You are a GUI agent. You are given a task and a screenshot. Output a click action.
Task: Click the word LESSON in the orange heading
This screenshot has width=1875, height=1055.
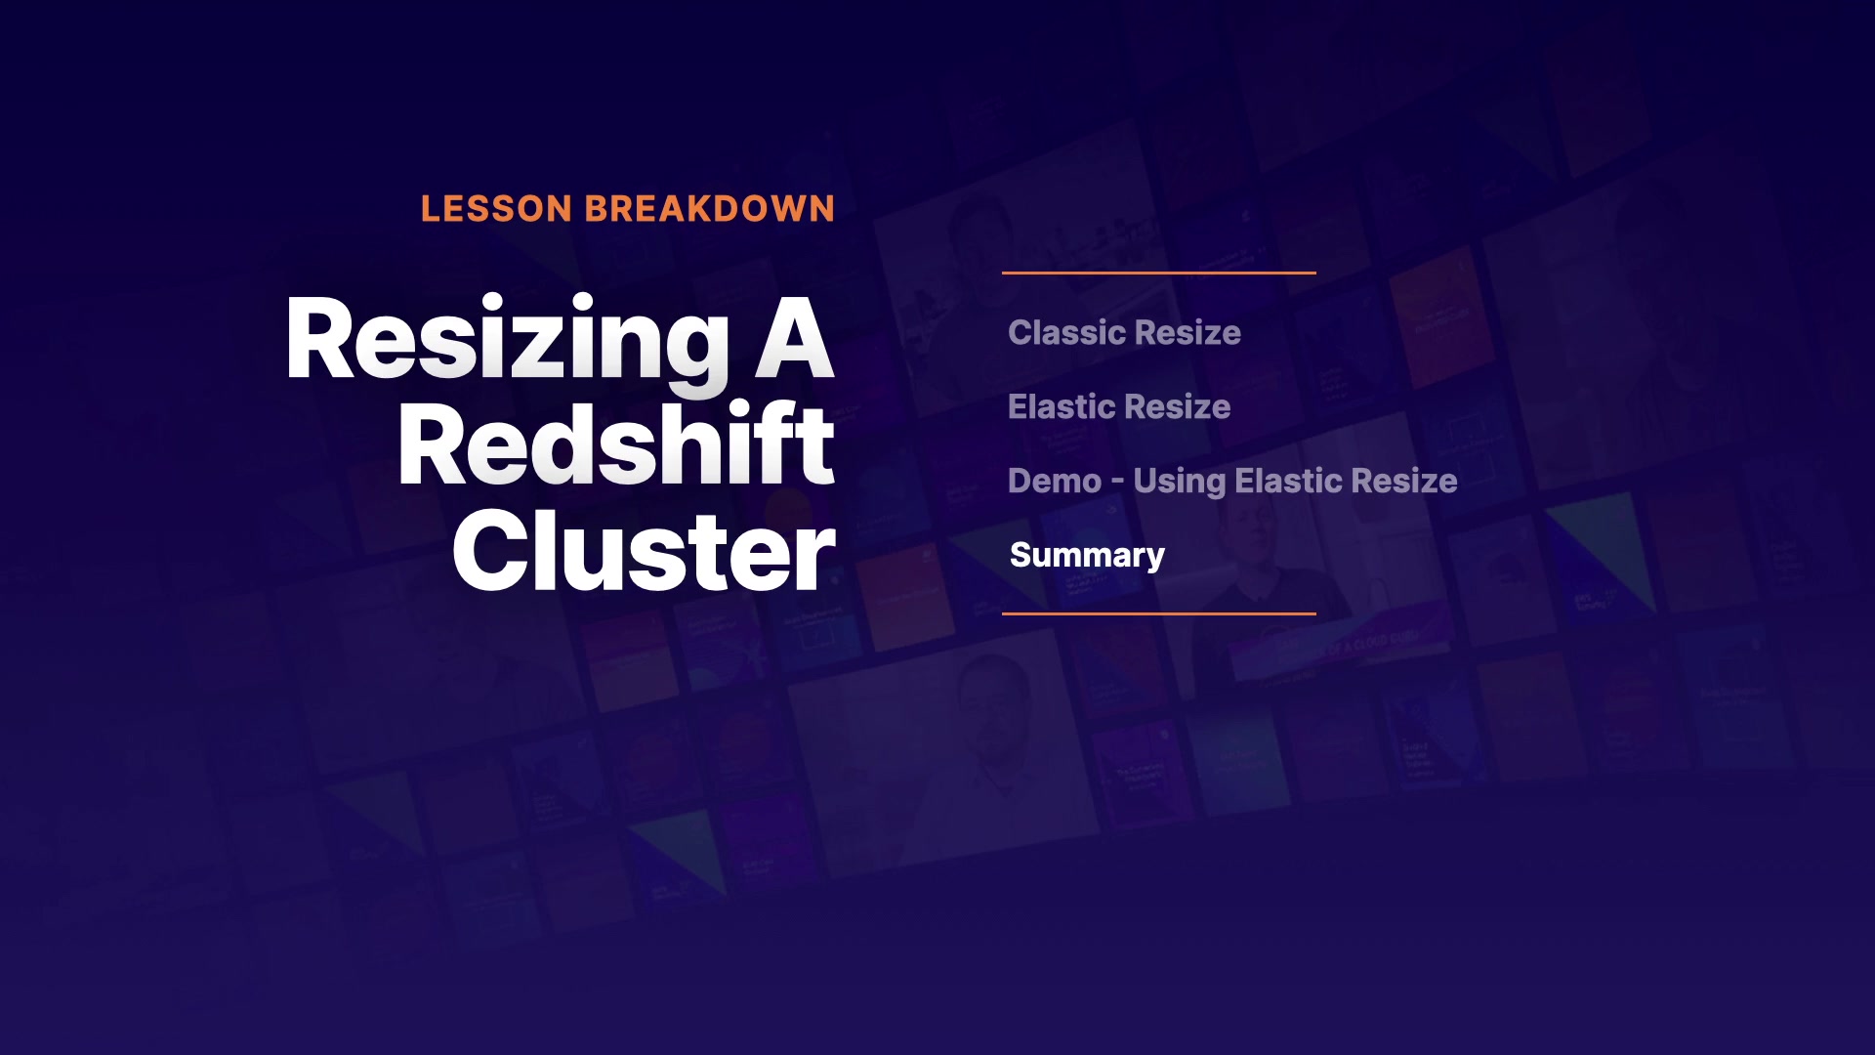(496, 209)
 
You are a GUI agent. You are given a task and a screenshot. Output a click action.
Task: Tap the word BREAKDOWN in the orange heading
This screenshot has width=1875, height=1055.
(710, 209)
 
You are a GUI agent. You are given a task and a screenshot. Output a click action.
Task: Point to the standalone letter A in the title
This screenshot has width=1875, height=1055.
(795, 337)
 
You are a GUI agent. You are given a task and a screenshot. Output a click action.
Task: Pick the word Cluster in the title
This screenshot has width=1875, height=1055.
(644, 551)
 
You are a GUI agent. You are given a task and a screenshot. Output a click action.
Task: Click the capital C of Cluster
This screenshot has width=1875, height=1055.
(490, 551)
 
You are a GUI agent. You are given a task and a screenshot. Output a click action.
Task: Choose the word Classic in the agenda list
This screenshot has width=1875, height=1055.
(1064, 332)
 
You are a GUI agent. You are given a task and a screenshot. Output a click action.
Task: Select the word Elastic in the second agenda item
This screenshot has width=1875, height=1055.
(1060, 406)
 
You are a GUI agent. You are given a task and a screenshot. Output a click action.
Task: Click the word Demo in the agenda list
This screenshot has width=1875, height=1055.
(1055, 481)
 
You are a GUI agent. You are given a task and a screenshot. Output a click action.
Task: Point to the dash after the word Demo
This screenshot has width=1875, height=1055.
(1117, 483)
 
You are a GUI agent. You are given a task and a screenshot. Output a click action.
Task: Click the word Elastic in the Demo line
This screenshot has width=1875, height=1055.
(1287, 481)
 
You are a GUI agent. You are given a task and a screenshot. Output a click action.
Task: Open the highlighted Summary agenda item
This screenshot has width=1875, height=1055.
(1087, 556)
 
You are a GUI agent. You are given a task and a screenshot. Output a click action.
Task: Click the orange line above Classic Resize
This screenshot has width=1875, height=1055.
(1159, 273)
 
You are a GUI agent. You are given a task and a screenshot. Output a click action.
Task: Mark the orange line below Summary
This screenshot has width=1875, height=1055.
(1159, 613)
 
